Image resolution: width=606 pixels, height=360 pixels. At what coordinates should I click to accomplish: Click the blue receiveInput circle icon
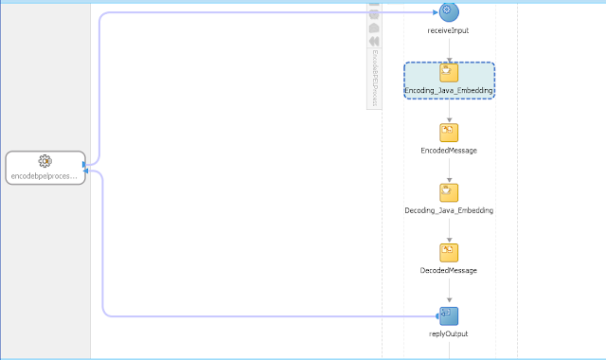449,11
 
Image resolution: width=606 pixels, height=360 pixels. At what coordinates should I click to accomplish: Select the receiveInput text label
449,30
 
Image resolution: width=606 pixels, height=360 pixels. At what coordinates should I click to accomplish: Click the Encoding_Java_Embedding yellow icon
449,72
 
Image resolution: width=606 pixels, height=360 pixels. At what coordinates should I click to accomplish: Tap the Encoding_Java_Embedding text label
449,90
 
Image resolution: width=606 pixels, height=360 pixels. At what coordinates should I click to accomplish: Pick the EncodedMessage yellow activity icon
449,133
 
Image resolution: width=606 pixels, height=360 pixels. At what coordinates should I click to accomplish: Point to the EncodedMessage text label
449,151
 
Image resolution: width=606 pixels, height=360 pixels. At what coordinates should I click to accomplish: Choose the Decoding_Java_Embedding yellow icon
449,192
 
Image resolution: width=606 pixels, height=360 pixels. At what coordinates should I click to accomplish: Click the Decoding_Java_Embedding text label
449,210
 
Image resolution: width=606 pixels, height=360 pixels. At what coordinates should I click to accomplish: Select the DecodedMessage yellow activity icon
449,252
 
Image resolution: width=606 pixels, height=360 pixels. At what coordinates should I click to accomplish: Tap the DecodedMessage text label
449,270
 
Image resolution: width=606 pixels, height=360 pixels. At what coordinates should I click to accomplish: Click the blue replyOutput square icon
449,315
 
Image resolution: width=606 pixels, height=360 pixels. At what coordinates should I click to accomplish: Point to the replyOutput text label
449,333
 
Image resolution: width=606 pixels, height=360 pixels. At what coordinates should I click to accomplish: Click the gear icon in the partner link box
45,161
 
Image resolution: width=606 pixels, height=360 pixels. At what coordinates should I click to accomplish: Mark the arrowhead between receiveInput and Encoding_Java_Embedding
449,58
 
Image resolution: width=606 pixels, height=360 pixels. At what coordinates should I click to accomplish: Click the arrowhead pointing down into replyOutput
449,300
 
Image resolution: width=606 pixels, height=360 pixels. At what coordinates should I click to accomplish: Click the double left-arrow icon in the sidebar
374,41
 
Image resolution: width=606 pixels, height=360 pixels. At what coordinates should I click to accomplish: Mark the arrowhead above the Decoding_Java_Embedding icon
449,178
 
